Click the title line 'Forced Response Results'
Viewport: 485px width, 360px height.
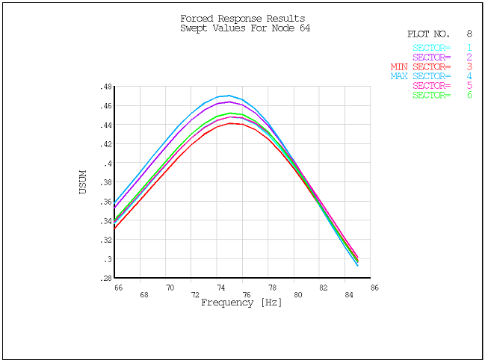[242, 19]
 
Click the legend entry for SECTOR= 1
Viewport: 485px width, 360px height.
[444, 48]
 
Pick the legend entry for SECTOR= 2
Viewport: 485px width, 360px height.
[444, 57]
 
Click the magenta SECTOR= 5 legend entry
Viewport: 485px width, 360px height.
[444, 86]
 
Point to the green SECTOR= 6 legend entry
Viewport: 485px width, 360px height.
[444, 95]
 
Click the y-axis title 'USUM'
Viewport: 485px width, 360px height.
[83, 182]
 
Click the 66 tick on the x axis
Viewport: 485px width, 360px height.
[118, 287]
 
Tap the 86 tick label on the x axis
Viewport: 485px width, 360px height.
[374, 287]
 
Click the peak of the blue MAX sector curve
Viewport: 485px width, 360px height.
[227, 96]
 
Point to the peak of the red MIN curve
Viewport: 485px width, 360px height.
[232, 123]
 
